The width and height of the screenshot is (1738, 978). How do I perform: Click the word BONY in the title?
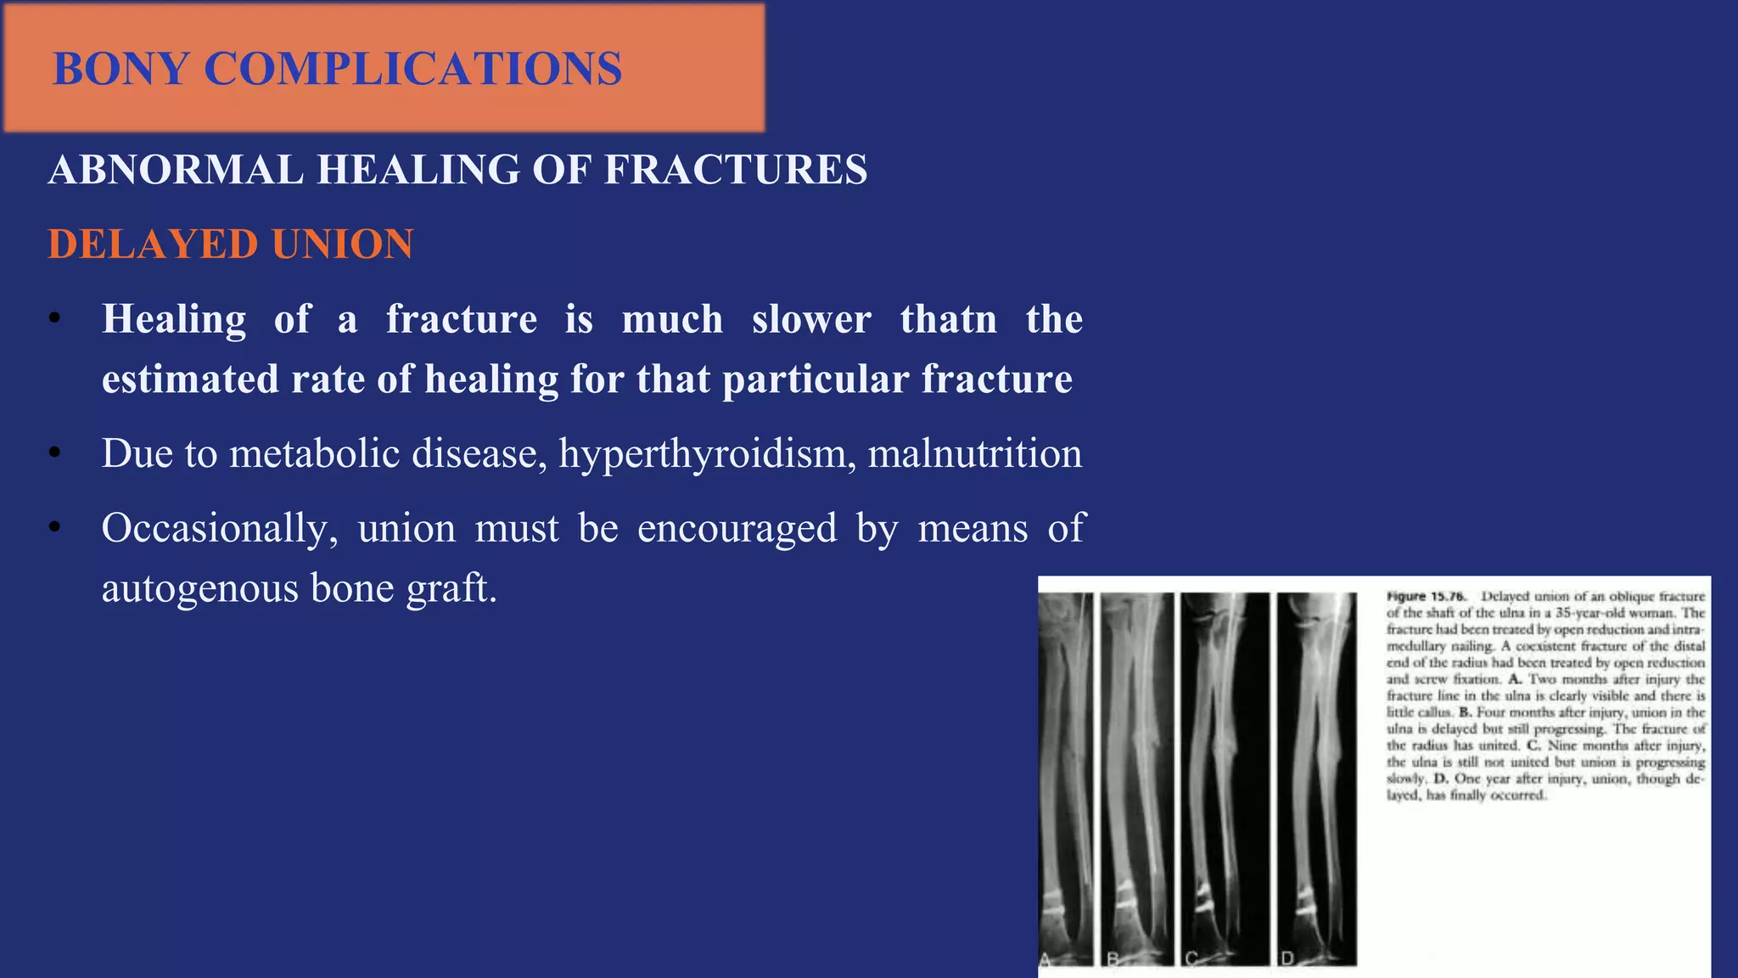pos(120,69)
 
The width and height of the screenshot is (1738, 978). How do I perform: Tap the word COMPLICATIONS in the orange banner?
pos(412,69)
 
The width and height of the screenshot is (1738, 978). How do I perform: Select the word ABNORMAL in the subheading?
pos(175,169)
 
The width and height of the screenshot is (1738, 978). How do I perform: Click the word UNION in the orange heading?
pos(343,244)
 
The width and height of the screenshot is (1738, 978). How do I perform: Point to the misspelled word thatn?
pos(948,319)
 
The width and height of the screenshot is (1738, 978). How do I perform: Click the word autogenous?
pos(199,587)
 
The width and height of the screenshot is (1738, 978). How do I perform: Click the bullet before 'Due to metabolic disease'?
pos(55,454)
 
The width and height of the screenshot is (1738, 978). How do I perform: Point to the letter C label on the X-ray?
pos(1191,959)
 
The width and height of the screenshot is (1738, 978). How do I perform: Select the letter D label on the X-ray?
pos(1287,959)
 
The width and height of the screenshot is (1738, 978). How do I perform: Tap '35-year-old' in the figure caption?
pos(1584,613)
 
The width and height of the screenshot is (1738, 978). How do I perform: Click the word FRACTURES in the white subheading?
pos(735,169)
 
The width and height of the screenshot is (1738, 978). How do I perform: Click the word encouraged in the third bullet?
pos(737,528)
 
